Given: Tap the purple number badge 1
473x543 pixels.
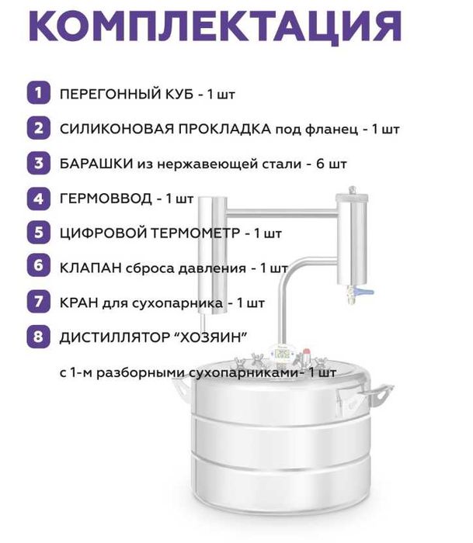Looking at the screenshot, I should pos(37,94).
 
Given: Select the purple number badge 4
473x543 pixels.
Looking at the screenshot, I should pos(37,198).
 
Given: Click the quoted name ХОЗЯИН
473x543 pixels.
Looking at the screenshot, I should pos(217,337).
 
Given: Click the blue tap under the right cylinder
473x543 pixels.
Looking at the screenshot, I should pos(363,293).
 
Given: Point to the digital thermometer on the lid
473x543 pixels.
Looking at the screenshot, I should pos(283,355).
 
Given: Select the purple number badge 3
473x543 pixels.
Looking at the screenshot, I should pos(37,164).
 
